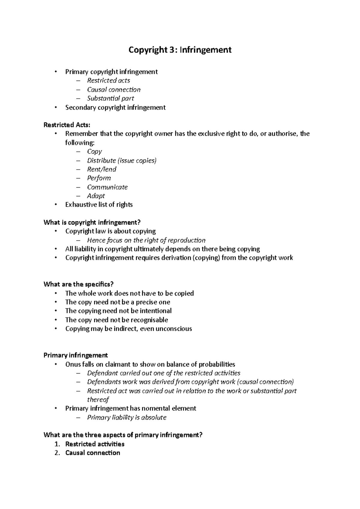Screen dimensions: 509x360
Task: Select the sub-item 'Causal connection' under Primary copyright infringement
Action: coord(114,90)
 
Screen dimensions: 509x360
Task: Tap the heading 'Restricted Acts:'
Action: coord(67,125)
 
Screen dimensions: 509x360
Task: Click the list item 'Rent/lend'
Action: coord(101,169)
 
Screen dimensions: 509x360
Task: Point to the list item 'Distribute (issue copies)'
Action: coord(122,161)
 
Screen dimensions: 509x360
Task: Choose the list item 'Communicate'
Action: coord(107,187)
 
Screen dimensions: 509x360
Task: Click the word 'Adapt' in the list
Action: coord(96,196)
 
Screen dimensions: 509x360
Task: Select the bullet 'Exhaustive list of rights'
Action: coord(99,205)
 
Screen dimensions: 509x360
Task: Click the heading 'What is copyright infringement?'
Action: coord(92,222)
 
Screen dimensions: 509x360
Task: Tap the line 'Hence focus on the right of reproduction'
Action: coord(146,240)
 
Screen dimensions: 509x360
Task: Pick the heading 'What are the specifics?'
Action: coord(79,284)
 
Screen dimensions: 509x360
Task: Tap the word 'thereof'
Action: coord(98,400)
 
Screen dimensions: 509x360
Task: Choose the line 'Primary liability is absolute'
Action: coord(127,418)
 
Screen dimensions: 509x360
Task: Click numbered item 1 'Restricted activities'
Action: coord(95,444)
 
